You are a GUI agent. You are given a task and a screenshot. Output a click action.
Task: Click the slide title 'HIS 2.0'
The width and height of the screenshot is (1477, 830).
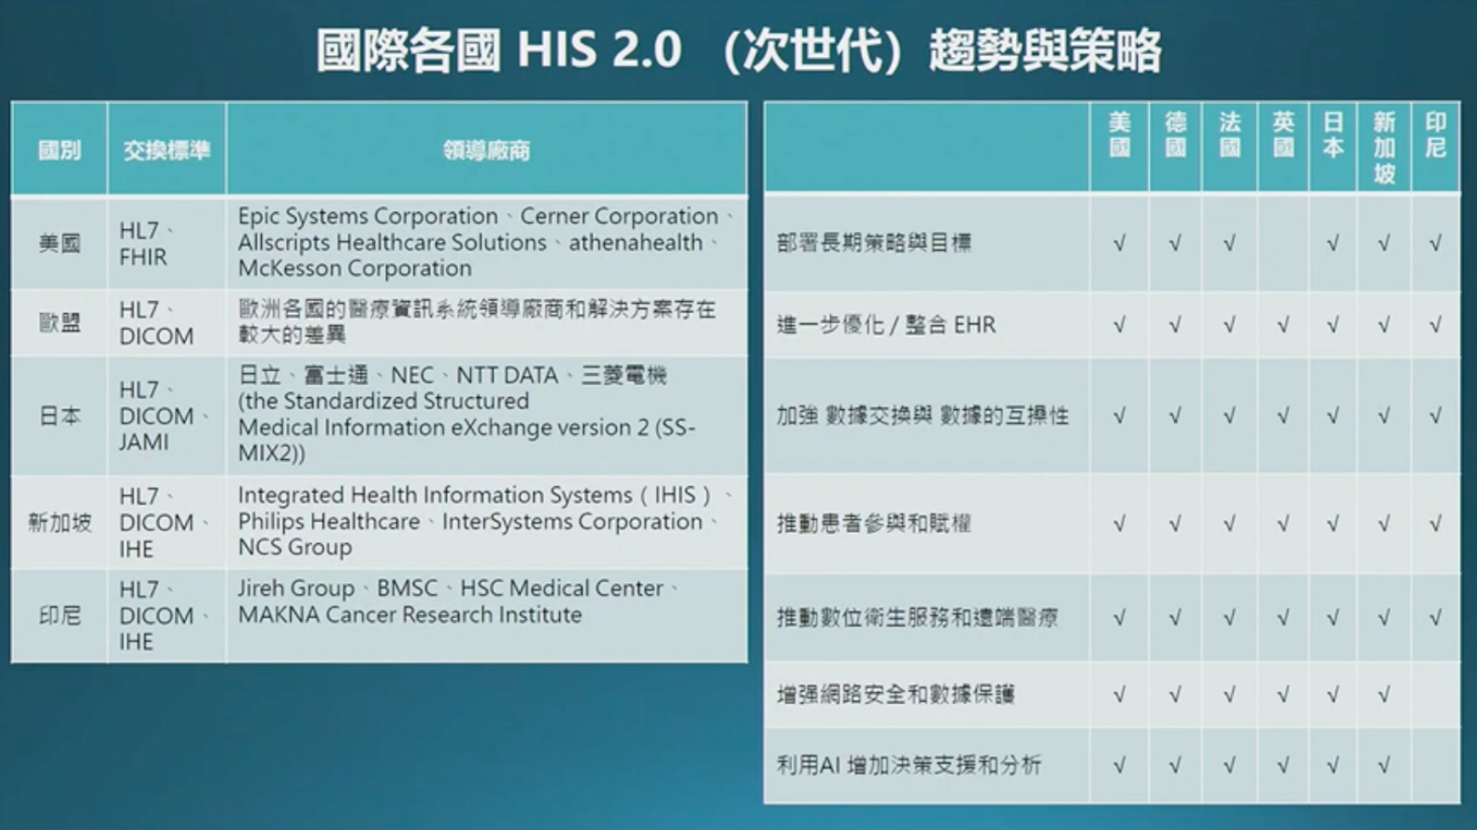pyautogui.click(x=599, y=50)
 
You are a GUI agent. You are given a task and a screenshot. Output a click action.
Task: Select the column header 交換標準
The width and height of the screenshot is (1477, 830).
pyautogui.click(x=166, y=150)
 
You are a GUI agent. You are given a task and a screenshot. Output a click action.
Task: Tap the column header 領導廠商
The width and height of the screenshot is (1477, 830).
pyautogui.click(x=486, y=150)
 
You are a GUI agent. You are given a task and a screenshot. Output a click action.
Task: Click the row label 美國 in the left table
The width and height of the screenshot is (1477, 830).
pyautogui.click(x=59, y=244)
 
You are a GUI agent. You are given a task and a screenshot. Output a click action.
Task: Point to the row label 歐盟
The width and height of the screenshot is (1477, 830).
pyautogui.click(x=59, y=323)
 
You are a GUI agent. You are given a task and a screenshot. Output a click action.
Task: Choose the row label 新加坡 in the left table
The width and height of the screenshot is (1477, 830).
pyautogui.click(x=59, y=522)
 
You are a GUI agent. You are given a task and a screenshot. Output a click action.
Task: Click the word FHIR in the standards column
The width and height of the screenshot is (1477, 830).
pyautogui.click(x=143, y=257)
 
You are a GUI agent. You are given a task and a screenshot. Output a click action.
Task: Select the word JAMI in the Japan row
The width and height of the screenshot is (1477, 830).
pyautogui.click(x=144, y=442)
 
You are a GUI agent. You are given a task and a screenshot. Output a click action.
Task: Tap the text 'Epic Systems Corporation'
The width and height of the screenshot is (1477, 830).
pyautogui.click(x=367, y=216)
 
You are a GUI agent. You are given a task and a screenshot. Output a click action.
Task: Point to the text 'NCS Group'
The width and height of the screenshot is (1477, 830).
pyautogui.click(x=294, y=548)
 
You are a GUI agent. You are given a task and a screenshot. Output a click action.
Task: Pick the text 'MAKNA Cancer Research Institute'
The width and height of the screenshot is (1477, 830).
pyautogui.click(x=409, y=615)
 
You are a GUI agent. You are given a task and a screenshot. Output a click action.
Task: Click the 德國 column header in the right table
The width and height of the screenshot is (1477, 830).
pyautogui.click(x=1175, y=136)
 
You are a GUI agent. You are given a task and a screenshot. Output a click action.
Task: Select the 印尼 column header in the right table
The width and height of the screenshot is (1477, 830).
pyautogui.click(x=1435, y=136)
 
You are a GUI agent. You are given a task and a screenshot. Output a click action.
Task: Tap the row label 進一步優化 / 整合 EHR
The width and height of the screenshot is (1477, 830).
pyautogui.click(x=885, y=325)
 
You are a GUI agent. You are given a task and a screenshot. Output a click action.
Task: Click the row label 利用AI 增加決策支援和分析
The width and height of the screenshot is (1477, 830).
pyautogui.click(x=908, y=766)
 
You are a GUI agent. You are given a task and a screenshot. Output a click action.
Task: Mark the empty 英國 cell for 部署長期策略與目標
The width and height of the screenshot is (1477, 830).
pyautogui.click(x=1283, y=243)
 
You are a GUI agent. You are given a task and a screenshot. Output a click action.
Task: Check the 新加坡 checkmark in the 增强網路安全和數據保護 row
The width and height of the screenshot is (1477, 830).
pyautogui.click(x=1384, y=694)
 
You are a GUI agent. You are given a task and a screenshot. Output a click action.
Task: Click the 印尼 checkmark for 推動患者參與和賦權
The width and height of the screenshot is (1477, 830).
pyautogui.click(x=1435, y=523)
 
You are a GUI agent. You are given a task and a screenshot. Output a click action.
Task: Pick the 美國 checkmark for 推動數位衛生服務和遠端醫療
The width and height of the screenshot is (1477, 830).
pyautogui.click(x=1119, y=618)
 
